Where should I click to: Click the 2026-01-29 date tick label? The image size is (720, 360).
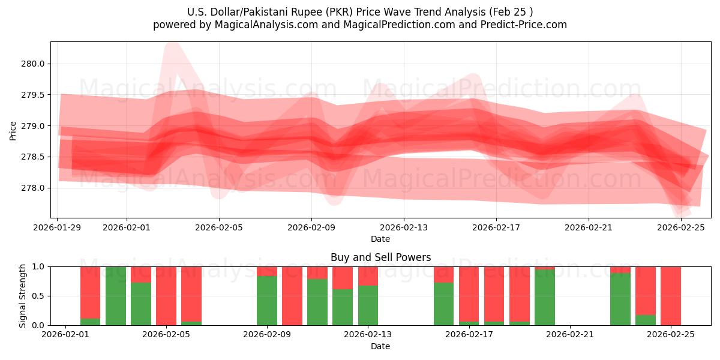[58, 227]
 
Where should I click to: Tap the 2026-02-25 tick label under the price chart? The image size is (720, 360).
[681, 227]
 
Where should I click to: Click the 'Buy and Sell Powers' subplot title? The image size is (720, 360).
[380, 257]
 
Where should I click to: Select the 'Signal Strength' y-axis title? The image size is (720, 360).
[23, 296]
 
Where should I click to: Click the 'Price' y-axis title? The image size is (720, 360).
[13, 130]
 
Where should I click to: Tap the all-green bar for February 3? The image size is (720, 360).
[116, 296]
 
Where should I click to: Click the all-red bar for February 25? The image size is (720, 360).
[671, 296]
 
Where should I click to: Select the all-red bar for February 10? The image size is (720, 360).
[292, 296]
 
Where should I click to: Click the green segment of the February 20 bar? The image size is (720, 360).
[545, 298]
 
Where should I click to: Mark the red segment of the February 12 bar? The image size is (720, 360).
[343, 277]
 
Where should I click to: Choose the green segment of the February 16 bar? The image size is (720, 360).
[444, 304]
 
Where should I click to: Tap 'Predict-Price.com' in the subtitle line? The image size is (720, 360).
[526, 25]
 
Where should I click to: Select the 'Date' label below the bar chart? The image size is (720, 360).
[380, 346]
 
